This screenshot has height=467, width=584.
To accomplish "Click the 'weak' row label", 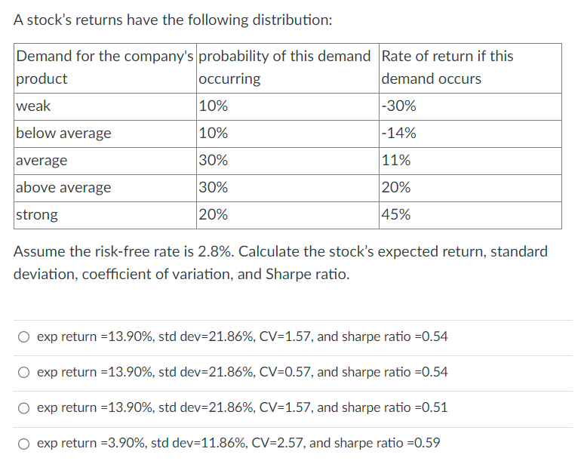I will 33,106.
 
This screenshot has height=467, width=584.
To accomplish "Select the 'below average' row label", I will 63,134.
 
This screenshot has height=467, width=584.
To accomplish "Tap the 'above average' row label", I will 63,187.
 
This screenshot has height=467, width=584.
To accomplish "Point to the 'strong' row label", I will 37,214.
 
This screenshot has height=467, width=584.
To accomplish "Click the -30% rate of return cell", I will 399,106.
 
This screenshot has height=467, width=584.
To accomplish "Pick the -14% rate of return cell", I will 399,134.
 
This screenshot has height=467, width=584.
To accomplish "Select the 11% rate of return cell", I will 397,160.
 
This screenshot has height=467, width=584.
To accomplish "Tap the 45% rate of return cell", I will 397,214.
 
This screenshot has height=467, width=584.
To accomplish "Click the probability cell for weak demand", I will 214,106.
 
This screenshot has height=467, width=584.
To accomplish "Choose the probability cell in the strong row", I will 214,214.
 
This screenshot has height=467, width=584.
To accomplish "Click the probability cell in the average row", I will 214,160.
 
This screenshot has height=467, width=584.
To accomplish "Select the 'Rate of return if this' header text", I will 447,57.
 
